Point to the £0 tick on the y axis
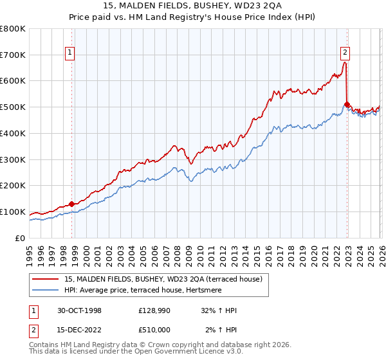tap(19, 238)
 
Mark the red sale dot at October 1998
tap(71, 204)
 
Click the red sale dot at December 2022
tap(347, 104)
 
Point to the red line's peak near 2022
tap(345, 63)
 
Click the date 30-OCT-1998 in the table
tap(80, 310)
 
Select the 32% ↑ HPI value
tap(219, 310)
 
